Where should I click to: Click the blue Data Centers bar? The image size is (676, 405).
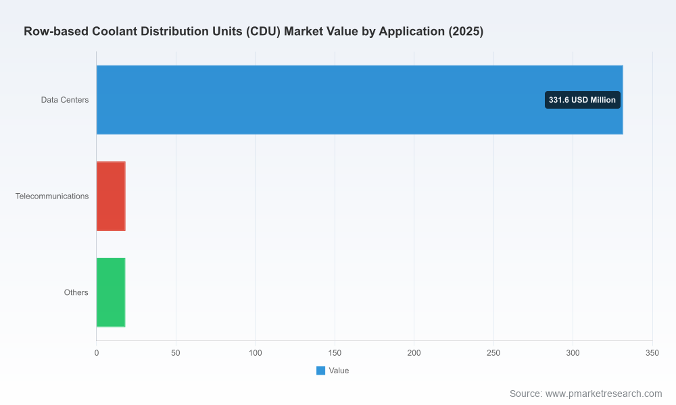[x=360, y=100]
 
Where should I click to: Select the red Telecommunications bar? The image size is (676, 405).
[x=111, y=196]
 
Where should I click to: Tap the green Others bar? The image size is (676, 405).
[x=111, y=292]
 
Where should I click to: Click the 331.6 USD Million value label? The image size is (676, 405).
[x=583, y=100]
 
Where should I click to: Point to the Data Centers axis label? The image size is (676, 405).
[x=65, y=100]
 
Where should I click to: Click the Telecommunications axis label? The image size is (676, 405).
[x=52, y=196]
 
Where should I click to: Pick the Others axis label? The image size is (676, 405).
[x=76, y=293]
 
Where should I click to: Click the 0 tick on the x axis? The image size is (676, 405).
[x=97, y=353]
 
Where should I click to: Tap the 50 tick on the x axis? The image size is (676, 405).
[x=176, y=353]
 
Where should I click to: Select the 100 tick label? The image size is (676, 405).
[x=256, y=353]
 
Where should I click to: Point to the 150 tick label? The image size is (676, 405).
[x=335, y=353]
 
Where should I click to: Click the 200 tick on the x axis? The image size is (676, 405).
[x=414, y=353]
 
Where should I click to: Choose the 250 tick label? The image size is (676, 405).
[x=493, y=353]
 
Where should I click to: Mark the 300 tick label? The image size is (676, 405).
[x=573, y=353]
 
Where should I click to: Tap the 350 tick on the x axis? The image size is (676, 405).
[x=652, y=353]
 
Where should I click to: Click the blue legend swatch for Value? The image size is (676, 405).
[x=320, y=371]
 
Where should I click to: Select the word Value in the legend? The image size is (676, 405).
[x=339, y=371]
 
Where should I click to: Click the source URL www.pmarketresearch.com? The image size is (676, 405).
[x=604, y=394]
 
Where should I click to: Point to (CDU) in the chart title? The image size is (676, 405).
[x=264, y=32]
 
